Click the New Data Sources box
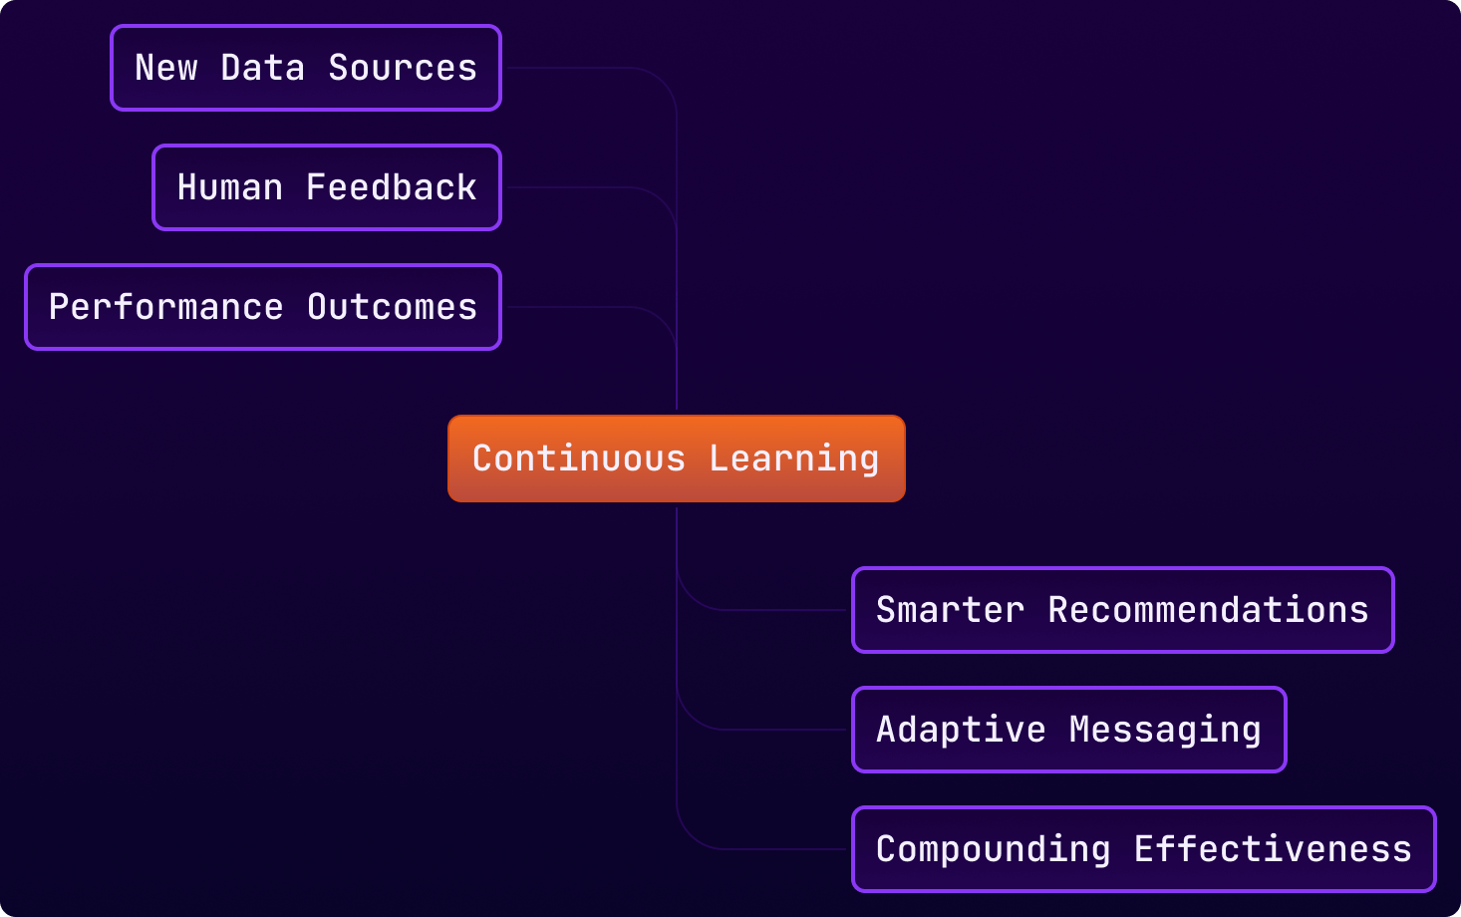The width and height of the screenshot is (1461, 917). pyautogui.click(x=305, y=68)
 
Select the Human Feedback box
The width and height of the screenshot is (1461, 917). pyautogui.click(x=326, y=187)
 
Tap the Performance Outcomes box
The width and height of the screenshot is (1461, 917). pyautogui.click(x=262, y=307)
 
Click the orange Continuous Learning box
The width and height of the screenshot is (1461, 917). pyautogui.click(x=676, y=458)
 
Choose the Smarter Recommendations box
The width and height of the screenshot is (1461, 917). pyautogui.click(x=1122, y=610)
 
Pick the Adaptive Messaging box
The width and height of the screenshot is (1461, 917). pyautogui.click(x=1068, y=730)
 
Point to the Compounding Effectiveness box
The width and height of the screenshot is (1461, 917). pyautogui.click(x=1143, y=849)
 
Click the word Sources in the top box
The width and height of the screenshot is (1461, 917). pyautogui.click(x=403, y=68)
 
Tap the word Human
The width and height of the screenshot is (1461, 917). pyautogui.click(x=230, y=187)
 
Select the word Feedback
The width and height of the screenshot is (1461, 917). pyautogui.click(x=392, y=187)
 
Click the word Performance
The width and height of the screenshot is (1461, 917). pyautogui.click(x=166, y=307)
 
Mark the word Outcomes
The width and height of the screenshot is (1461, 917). pyautogui.click(x=393, y=307)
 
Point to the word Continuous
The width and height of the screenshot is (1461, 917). pyautogui.click(x=579, y=458)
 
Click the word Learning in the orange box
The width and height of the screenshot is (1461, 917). pyautogui.click(x=794, y=458)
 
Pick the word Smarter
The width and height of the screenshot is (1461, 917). pyautogui.click(x=950, y=610)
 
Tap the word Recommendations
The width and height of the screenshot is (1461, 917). pyautogui.click(x=1209, y=610)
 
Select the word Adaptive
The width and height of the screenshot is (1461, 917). pyautogui.click(x=961, y=730)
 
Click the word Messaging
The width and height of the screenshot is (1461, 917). pyautogui.click(x=1165, y=730)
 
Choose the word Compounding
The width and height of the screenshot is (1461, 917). pyautogui.click(x=994, y=849)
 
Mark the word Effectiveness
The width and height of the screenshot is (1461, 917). pyautogui.click(x=1273, y=849)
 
